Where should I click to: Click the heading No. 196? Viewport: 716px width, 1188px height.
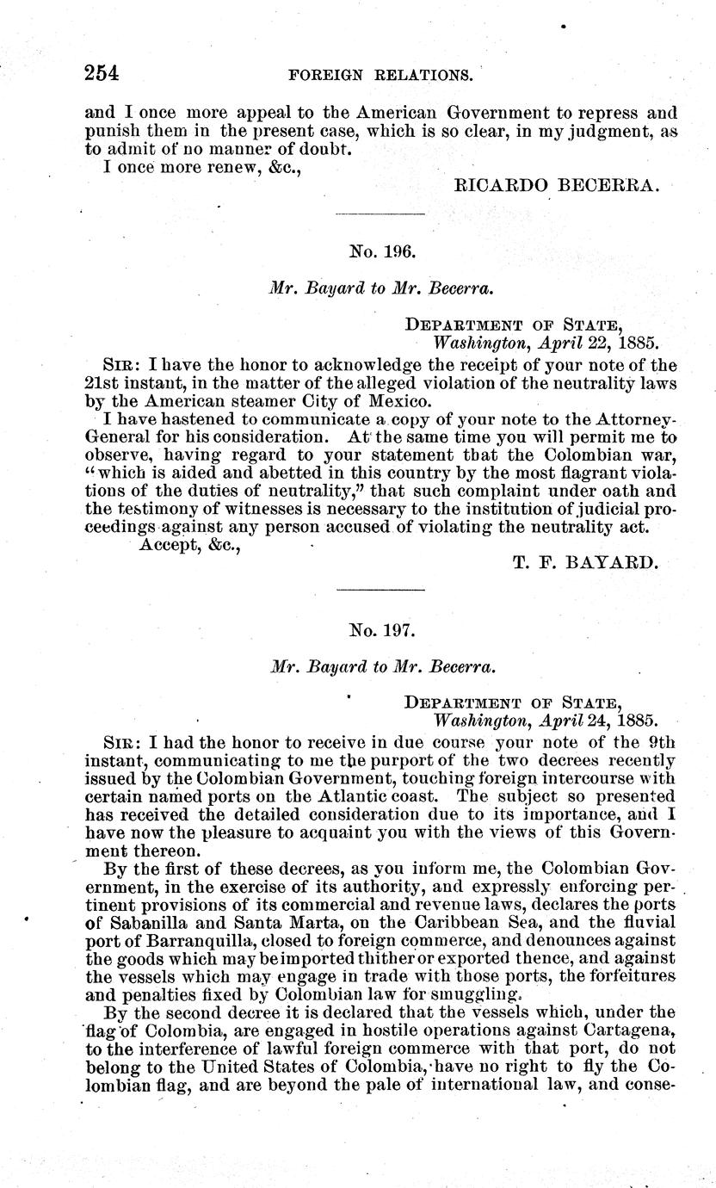(382, 252)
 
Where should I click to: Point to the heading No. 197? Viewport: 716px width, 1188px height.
(382, 631)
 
